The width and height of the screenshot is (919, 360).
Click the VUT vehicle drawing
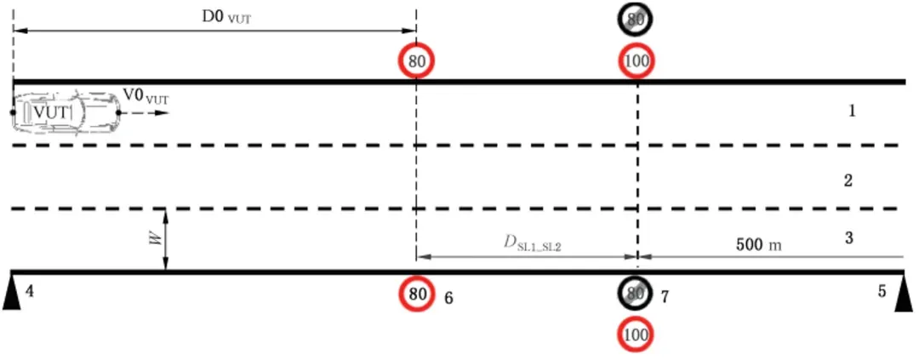(65, 112)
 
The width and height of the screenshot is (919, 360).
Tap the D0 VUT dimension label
(226, 17)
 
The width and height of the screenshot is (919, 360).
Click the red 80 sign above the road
(416, 60)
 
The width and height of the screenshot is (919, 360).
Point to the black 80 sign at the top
(636, 20)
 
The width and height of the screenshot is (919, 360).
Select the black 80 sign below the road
(635, 294)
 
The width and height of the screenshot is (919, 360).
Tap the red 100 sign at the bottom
(636, 335)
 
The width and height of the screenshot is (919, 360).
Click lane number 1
(851, 111)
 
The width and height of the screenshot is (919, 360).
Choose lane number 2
(848, 180)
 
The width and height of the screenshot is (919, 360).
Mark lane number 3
(848, 239)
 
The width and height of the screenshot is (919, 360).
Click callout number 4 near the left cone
(30, 290)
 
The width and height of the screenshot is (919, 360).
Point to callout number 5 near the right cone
(882, 290)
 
